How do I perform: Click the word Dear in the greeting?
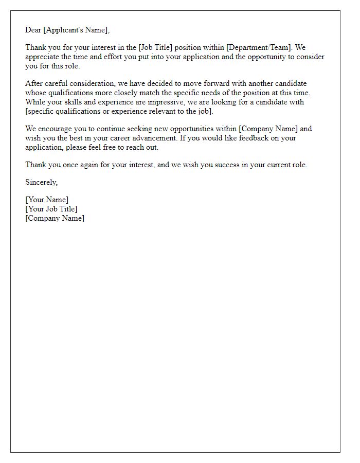[x=33, y=30]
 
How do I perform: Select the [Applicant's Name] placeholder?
[x=77, y=30]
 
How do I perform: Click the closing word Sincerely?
[x=42, y=183]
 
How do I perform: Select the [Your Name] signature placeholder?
[x=47, y=200]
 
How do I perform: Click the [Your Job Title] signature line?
[x=51, y=209]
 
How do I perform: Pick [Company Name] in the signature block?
[x=55, y=218]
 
